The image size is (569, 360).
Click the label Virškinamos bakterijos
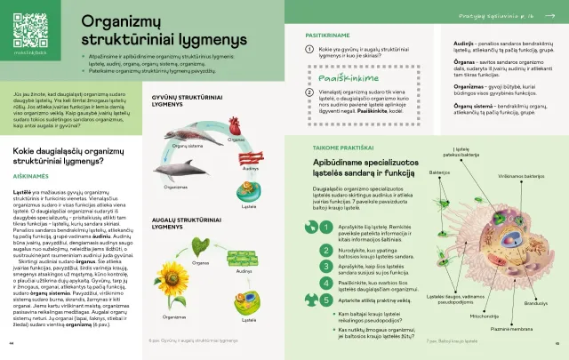pyautogui.click(x=520, y=176)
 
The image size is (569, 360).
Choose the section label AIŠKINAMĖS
pyautogui.click(x=30, y=176)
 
